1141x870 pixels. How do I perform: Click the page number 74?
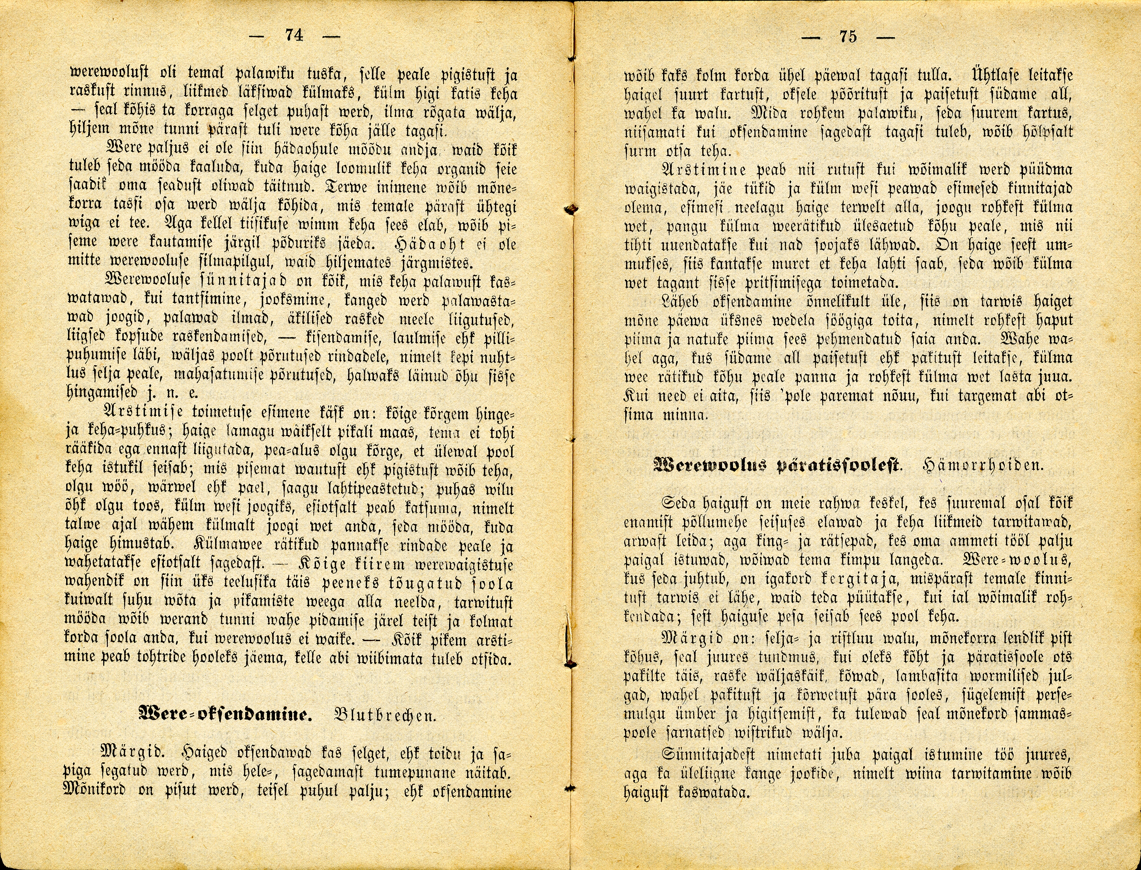tap(294, 35)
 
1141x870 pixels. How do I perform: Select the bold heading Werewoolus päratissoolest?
tap(776, 464)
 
